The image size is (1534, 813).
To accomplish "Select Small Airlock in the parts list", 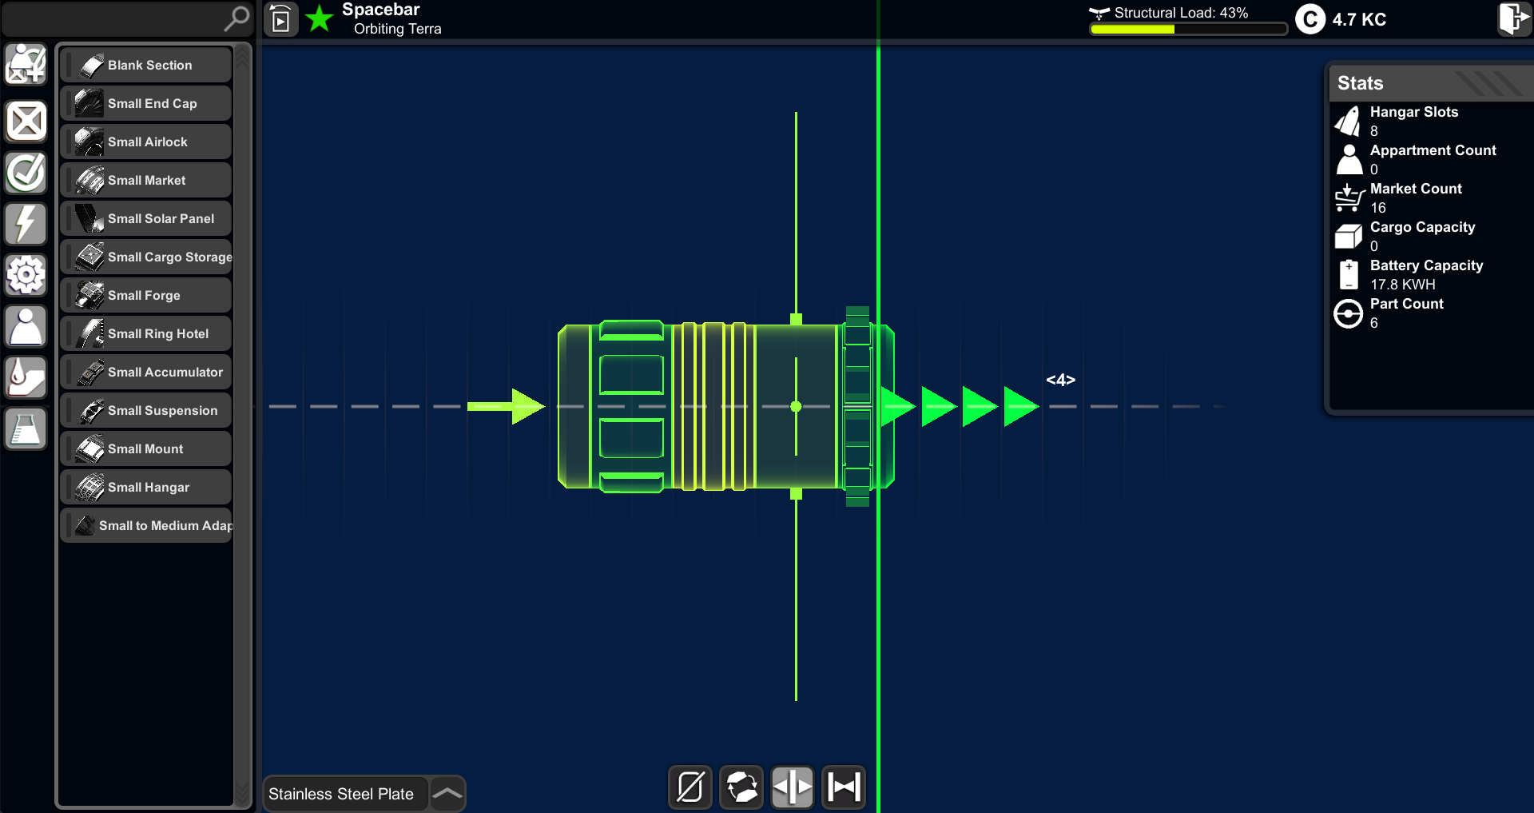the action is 146,141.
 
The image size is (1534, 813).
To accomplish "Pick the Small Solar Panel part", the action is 146,218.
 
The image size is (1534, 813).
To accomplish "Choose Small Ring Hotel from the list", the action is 146,333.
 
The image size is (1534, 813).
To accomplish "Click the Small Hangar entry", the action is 146,487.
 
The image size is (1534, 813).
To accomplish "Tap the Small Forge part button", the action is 146,295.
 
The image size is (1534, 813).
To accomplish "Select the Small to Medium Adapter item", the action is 146,525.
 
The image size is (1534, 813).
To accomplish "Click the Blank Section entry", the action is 146,65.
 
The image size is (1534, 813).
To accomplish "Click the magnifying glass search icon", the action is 236,18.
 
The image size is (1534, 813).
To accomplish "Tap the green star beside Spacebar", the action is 320,18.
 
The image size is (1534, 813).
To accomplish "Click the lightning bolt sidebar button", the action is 26,224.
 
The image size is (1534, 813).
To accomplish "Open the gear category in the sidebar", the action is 26,275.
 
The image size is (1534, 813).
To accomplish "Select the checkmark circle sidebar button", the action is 26,173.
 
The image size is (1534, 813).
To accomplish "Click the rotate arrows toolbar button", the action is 741,787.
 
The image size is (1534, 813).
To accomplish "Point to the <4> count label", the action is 1061,380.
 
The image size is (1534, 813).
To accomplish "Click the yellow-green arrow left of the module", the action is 506,406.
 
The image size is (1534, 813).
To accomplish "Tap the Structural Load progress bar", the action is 1189,30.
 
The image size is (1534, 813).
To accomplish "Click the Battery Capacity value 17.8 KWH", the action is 1403,285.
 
